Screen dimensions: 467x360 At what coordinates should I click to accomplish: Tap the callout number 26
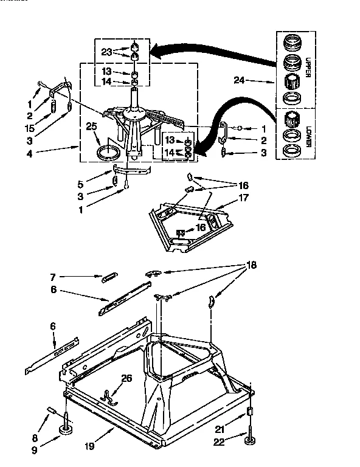(x=126, y=378)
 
